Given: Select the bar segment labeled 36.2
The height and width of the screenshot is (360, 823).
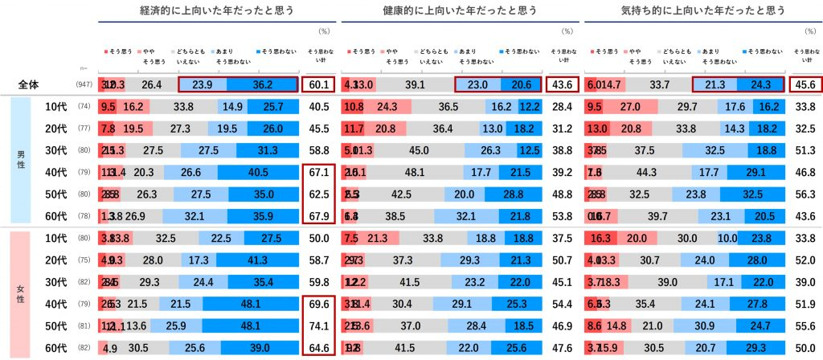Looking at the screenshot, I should tap(262, 84).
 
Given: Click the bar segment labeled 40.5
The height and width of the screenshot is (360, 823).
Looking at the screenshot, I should tap(258, 171).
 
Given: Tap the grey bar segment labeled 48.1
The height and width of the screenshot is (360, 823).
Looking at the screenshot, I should tap(415, 171).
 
